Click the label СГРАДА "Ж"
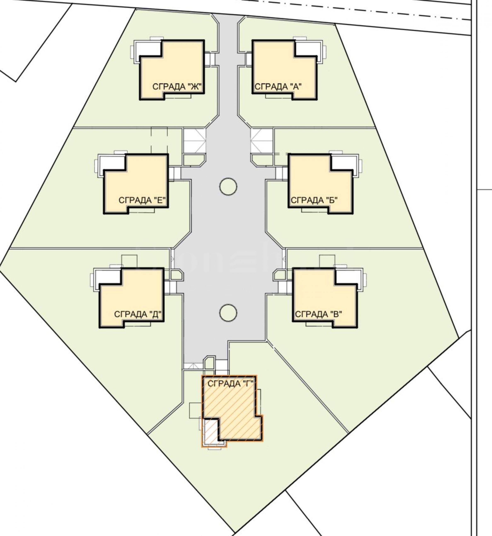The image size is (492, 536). click(x=177, y=87)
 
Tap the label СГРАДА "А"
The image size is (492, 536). click(x=278, y=87)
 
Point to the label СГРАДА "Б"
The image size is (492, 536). click(x=314, y=200)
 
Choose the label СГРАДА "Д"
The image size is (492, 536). click(x=138, y=314)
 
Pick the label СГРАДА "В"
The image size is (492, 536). click(x=318, y=314)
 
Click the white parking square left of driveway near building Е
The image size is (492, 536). click(x=195, y=141)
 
